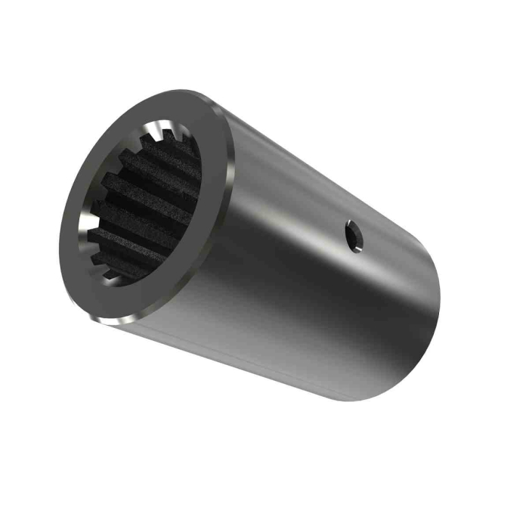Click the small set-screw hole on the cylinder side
[354, 236]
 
